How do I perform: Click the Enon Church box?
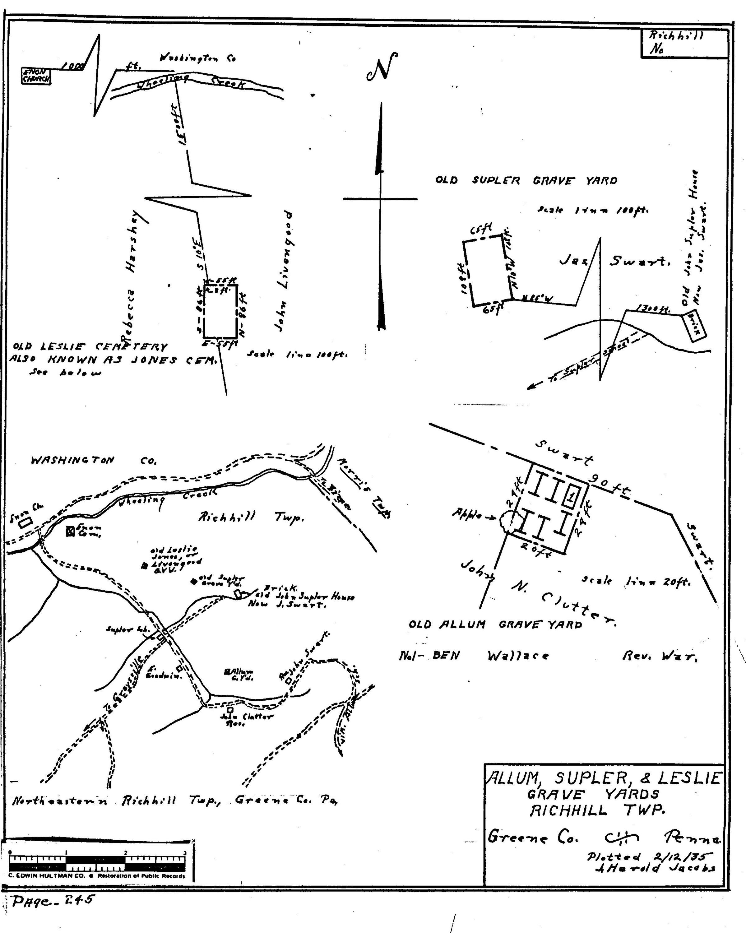click(36, 76)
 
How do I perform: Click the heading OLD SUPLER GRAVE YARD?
click(526, 180)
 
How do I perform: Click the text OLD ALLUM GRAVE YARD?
click(495, 624)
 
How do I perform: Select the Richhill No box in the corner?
click(684, 43)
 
